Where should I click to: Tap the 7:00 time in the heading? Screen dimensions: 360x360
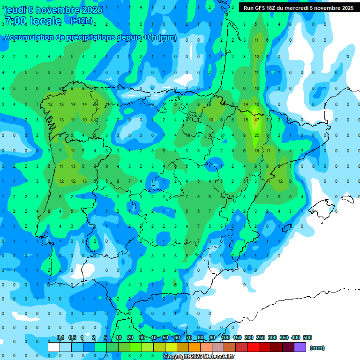(14, 21)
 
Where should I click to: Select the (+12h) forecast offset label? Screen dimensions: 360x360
(81, 21)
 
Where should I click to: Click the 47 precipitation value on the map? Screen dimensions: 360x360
(256, 120)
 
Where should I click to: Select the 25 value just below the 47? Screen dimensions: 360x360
(256, 135)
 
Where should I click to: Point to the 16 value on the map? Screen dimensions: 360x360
(256, 104)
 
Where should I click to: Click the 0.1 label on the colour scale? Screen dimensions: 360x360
(60, 337)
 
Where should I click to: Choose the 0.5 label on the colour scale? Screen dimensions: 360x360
(72, 337)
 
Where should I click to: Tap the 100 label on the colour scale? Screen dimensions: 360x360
(225, 337)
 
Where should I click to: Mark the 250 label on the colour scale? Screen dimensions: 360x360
(261, 337)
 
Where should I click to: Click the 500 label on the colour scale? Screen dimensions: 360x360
(307, 337)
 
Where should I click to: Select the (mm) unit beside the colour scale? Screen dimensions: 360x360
(317, 348)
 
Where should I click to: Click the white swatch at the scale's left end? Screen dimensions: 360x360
(54, 347)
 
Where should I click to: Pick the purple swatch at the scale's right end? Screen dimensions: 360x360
(300, 347)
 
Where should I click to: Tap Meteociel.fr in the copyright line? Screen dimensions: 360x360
(218, 357)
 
